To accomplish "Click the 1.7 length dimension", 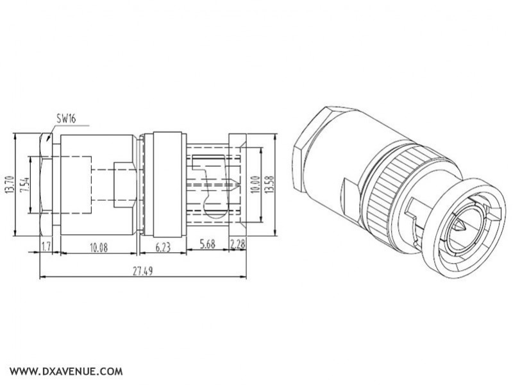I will pyautogui.click(x=46, y=246).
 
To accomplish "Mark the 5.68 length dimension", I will pyautogui.click(x=206, y=246).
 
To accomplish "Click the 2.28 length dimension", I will pyautogui.click(x=237, y=246).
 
